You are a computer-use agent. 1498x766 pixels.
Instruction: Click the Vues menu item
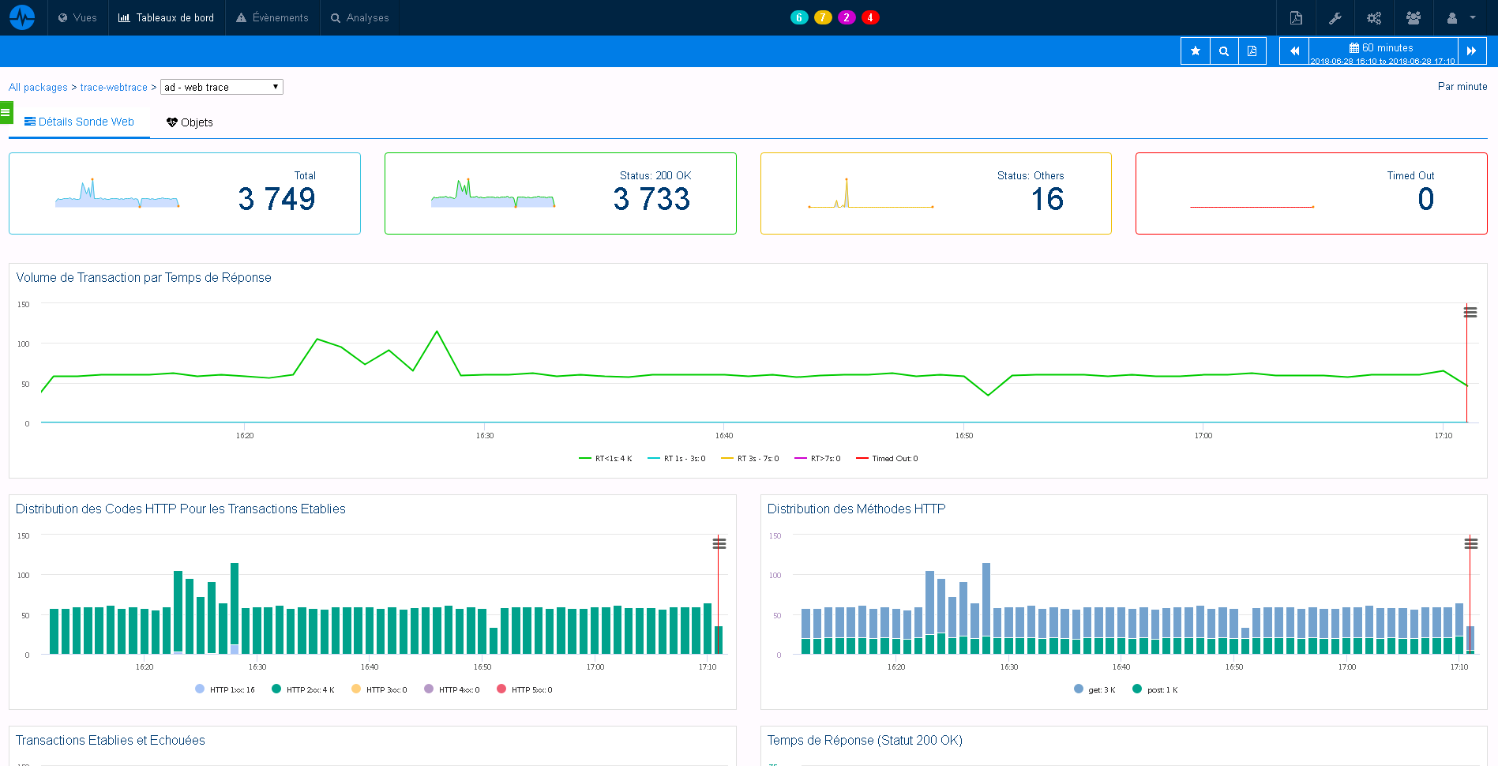[77, 17]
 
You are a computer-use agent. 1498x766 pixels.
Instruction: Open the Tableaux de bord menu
[167, 17]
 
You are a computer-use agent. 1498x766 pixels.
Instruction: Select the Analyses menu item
[360, 17]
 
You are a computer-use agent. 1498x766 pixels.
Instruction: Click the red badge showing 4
[870, 17]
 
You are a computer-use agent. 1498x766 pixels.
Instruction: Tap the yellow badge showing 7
[823, 17]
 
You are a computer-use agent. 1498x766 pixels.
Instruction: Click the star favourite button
[1195, 51]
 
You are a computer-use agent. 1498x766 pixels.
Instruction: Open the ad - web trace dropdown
[221, 87]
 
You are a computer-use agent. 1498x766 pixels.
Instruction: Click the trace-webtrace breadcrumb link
[114, 88]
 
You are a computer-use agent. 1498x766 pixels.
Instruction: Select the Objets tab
[190, 122]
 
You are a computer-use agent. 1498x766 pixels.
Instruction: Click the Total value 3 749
[276, 199]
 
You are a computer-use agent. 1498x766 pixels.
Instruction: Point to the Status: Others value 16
[1047, 199]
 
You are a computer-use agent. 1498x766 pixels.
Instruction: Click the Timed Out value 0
[1425, 199]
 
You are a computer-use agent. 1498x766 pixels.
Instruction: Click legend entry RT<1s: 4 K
[606, 459]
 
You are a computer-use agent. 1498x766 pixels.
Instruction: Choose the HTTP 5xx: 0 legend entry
[524, 690]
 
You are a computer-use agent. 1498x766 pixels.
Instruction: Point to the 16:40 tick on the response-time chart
[724, 435]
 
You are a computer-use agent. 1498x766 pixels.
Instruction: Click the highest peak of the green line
[437, 332]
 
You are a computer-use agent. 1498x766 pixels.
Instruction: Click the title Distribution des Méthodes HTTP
[856, 509]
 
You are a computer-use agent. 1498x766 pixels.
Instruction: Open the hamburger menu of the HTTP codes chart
[719, 543]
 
